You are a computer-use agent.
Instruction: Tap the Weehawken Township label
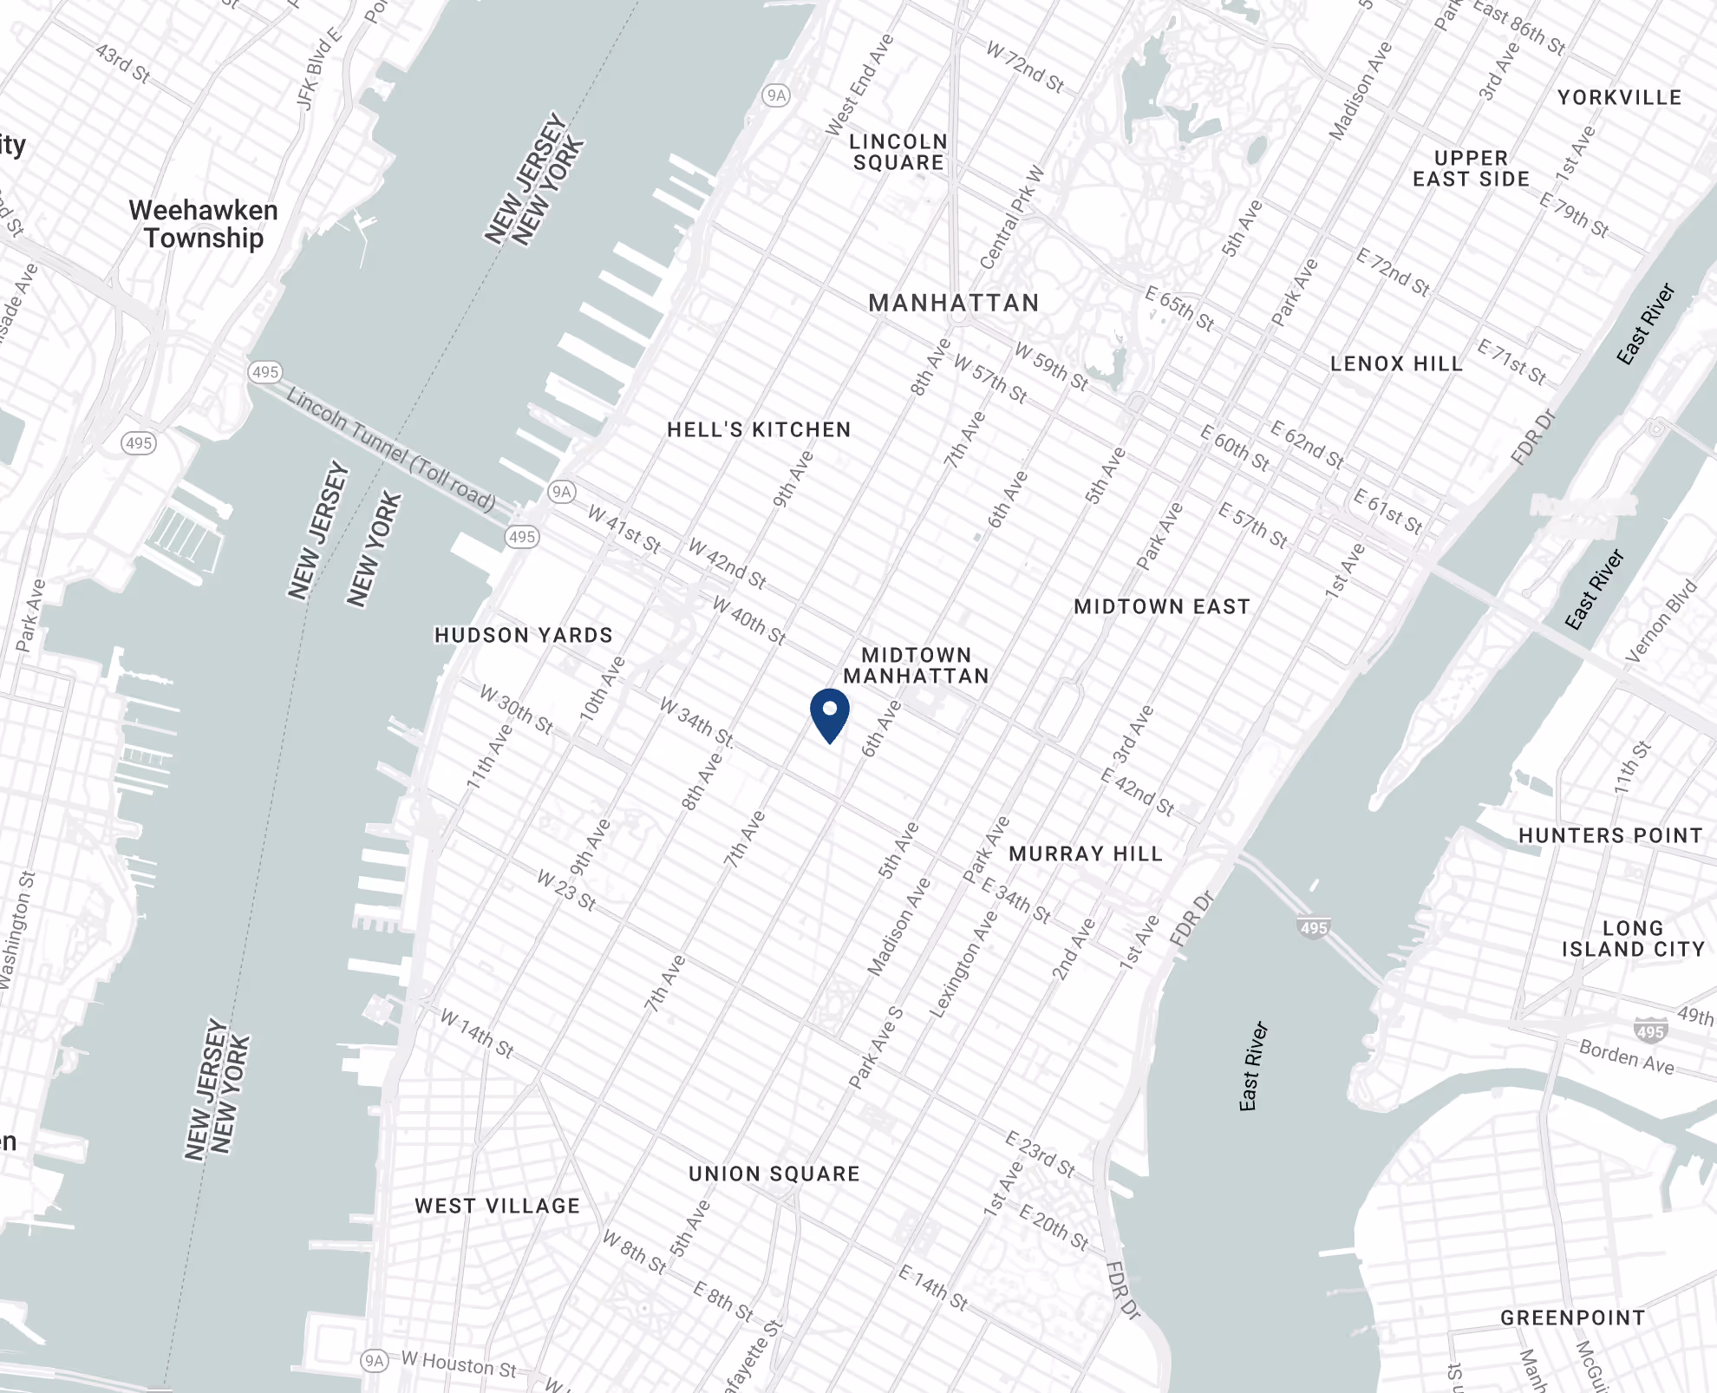point(204,224)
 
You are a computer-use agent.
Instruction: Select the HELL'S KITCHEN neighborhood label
point(759,429)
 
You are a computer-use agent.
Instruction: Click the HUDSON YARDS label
point(524,635)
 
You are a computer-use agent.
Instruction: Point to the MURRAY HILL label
point(1086,853)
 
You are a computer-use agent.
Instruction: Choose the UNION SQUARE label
point(774,1174)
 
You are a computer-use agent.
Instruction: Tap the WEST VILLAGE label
point(498,1206)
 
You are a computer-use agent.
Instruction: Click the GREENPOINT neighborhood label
point(1573,1318)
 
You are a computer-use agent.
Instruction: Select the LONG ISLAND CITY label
point(1633,938)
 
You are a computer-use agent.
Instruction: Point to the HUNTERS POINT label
point(1610,835)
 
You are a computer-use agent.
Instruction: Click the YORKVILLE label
point(1619,97)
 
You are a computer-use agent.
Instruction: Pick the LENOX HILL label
point(1396,363)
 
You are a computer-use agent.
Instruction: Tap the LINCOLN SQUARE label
point(898,152)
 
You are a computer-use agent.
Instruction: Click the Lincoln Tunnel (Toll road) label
point(391,449)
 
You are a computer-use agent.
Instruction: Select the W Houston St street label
point(459,1364)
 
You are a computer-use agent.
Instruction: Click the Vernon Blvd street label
point(1662,621)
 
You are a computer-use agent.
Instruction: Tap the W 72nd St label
point(1025,66)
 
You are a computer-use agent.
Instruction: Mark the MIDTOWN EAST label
point(1162,606)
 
